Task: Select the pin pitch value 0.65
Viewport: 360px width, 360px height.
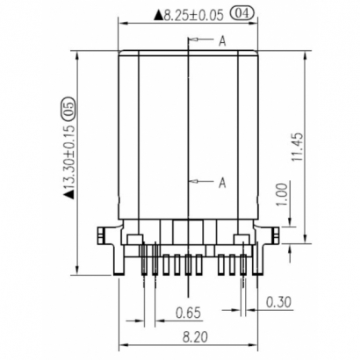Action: (185, 313)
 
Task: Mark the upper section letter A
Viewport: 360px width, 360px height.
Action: (223, 40)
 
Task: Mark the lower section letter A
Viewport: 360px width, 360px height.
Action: (223, 182)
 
